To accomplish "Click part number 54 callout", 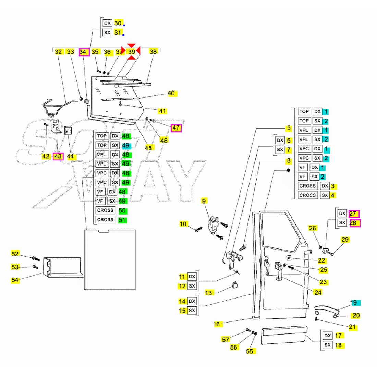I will point(15,280).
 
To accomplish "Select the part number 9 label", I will point(204,201).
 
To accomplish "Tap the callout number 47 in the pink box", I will point(176,128).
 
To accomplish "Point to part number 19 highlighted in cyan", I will point(354,303).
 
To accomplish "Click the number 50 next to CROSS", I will point(122,211).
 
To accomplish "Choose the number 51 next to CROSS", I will point(122,220).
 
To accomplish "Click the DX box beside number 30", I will point(107,23).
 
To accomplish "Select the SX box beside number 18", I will point(327,345).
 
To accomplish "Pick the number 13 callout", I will point(209,293).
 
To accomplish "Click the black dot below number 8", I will point(288,170).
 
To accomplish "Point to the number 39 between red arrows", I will point(132,52).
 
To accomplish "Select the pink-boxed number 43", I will point(58,156).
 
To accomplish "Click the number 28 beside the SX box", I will point(354,223).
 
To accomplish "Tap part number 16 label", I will point(217,324).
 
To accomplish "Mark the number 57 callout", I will point(226,340).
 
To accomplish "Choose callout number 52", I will point(15,254).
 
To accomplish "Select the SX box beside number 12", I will point(192,286).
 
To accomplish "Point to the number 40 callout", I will point(171,93).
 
